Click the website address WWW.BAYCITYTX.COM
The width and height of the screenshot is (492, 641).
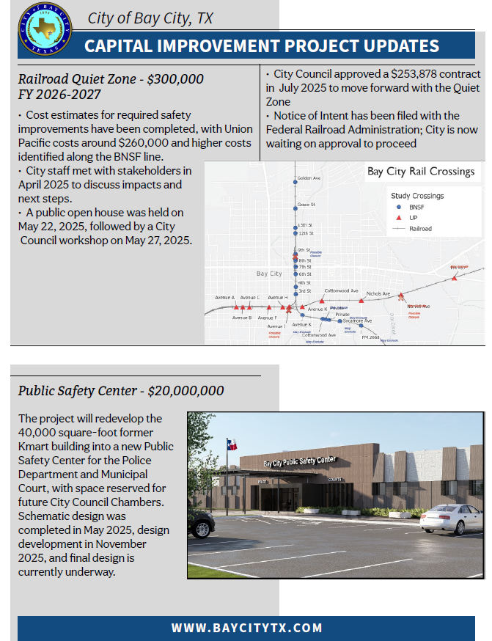(x=247, y=628)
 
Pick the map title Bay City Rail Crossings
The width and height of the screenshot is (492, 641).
(x=421, y=172)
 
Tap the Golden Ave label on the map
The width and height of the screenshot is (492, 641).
(x=309, y=178)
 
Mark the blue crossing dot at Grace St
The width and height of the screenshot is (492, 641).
(x=295, y=205)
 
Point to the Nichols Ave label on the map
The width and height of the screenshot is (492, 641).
(x=378, y=293)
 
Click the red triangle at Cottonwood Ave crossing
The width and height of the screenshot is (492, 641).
(x=321, y=301)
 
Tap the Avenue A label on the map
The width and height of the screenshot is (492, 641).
(x=224, y=297)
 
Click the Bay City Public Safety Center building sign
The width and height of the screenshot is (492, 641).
(x=298, y=462)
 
